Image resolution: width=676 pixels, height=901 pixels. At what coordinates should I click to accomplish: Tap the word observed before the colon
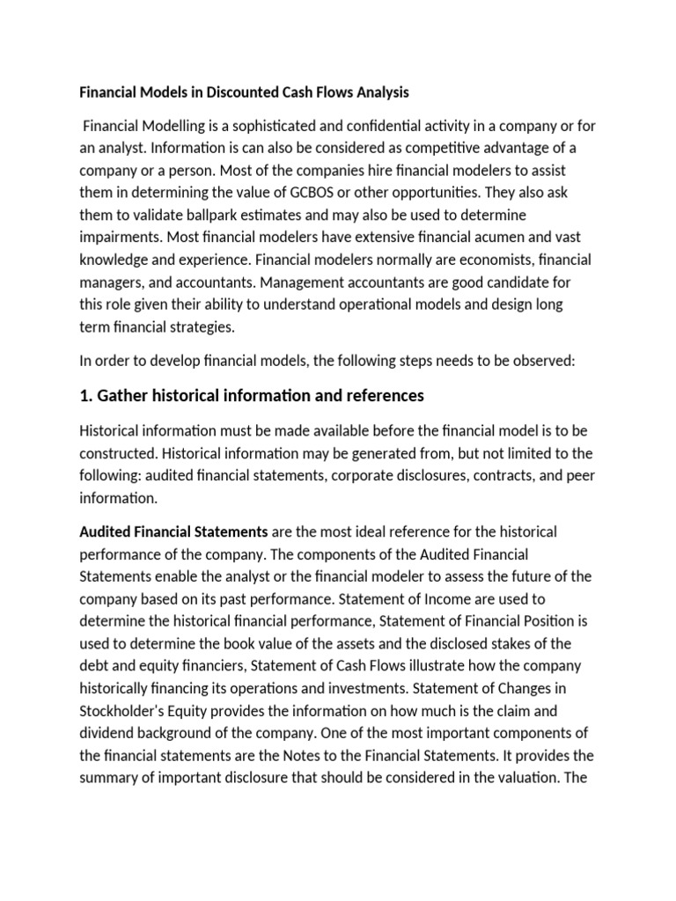coord(540,361)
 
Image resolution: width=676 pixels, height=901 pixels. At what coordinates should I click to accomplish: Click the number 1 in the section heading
coord(84,396)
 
